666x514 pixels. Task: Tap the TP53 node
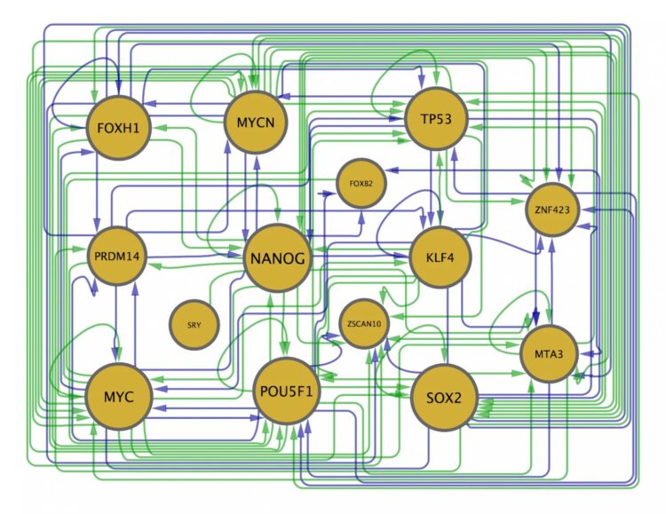point(436,120)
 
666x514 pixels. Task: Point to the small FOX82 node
point(361,185)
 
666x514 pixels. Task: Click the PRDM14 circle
point(117,257)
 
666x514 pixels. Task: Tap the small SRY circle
point(194,325)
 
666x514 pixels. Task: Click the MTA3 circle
point(549,353)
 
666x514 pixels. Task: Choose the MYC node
point(118,396)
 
